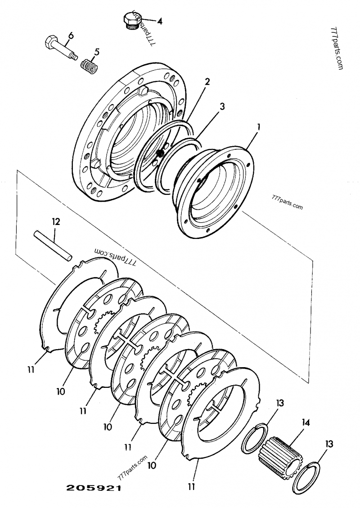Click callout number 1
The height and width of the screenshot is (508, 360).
(x=258, y=127)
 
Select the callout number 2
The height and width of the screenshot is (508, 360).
(x=207, y=81)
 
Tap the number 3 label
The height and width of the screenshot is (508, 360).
(x=222, y=106)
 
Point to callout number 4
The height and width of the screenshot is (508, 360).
(x=160, y=21)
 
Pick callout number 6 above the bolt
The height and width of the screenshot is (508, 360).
(x=70, y=36)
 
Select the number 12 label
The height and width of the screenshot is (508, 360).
(x=55, y=221)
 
